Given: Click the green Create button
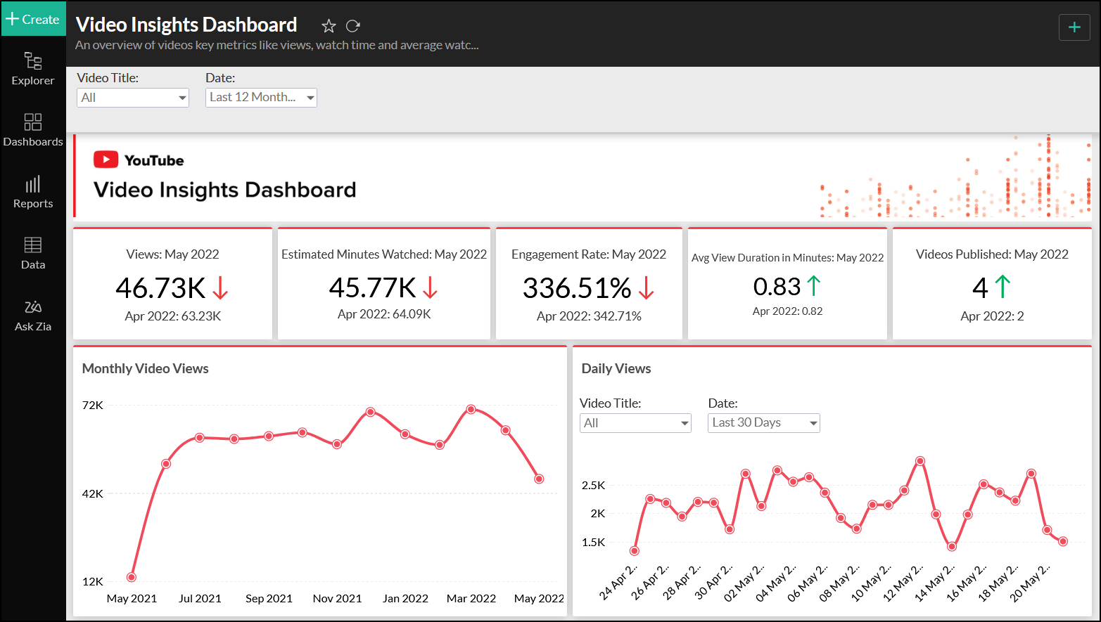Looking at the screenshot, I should coord(33,19).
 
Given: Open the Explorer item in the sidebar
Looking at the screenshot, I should coord(33,69).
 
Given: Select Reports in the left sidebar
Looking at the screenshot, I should coord(33,192).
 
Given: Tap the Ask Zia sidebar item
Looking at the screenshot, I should coord(33,315).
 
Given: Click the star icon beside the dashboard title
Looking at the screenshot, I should coord(329,26).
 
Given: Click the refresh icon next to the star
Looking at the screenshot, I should coord(353,26).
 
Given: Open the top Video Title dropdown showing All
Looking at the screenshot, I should coord(132,98).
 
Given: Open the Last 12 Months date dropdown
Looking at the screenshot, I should coord(261,98).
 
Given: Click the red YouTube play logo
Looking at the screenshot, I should coord(106,160).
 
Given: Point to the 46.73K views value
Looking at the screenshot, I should coord(160,288).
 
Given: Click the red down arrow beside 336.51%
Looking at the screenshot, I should coord(647,287).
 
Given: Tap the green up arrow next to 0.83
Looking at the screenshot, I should coord(814,285).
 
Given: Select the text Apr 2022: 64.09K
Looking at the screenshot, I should coord(384,314).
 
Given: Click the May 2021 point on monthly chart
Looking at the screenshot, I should coord(132,577).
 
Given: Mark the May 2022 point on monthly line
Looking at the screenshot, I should coord(539,479).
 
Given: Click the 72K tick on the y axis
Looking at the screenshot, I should coord(93,406).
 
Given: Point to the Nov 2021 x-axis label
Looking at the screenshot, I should coord(337,599).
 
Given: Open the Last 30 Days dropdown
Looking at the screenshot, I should coord(763,423).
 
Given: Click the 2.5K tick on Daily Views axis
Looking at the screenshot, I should coord(593,486).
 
